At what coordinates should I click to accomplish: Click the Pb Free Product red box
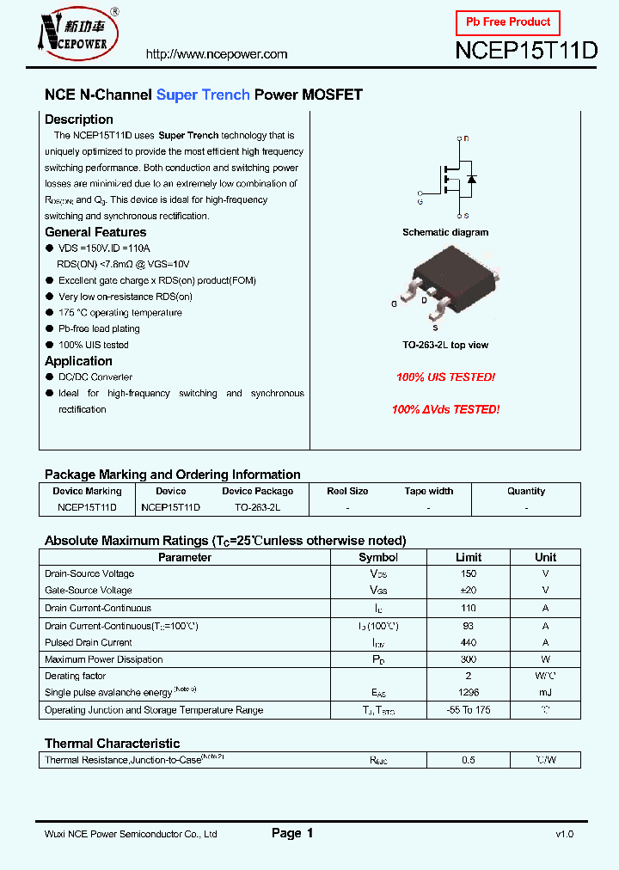point(507,21)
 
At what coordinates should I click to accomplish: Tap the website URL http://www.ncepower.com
point(217,54)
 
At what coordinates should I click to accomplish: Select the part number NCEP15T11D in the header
point(525,51)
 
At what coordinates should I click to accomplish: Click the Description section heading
point(79,119)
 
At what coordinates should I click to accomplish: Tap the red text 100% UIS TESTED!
point(445,377)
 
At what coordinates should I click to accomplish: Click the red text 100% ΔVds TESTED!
point(445,410)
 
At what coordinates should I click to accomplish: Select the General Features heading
point(95,232)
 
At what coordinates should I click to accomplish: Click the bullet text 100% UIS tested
point(94,345)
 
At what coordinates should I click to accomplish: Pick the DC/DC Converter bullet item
point(95,377)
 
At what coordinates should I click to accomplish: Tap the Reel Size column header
point(347,492)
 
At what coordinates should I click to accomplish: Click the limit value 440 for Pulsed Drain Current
point(469,642)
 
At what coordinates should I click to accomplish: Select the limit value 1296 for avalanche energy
point(469,693)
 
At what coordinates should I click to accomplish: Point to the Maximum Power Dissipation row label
point(104,659)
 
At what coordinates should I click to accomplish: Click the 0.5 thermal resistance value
point(469,760)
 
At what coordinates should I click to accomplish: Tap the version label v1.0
point(564,834)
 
